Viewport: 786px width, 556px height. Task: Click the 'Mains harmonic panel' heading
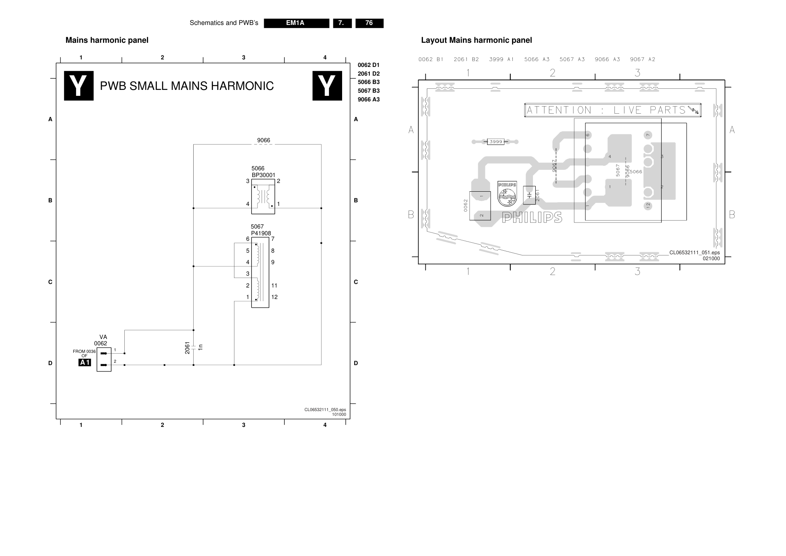(107, 40)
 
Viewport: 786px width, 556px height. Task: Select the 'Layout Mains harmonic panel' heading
(476, 40)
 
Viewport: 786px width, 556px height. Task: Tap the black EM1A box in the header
(297, 23)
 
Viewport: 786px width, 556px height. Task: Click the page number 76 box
(369, 23)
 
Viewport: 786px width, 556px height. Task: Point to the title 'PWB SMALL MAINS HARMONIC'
(187, 86)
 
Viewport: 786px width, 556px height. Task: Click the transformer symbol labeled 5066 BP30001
(263, 196)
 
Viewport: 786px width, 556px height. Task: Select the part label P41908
(261, 233)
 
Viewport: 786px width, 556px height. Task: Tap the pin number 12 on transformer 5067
(274, 297)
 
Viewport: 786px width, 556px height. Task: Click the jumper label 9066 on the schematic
(264, 140)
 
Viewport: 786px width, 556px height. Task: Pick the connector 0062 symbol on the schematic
(104, 359)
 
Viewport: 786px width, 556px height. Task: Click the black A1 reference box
(85, 362)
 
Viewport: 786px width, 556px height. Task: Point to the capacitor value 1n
(200, 347)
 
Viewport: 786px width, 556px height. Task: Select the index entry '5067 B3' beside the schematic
(369, 91)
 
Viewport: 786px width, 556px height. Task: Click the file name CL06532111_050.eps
(325, 409)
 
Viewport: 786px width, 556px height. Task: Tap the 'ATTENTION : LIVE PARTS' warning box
(613, 110)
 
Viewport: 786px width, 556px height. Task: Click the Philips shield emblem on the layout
(507, 194)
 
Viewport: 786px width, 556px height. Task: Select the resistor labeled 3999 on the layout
(495, 141)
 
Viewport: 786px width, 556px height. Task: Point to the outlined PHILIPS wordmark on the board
(532, 217)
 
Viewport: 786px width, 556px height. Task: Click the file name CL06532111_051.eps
(695, 253)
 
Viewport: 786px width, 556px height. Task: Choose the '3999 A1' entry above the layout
(501, 59)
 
